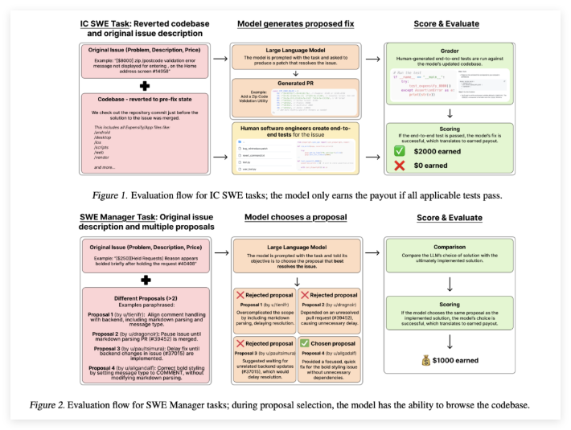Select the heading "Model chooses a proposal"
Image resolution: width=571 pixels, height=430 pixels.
(x=291, y=219)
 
